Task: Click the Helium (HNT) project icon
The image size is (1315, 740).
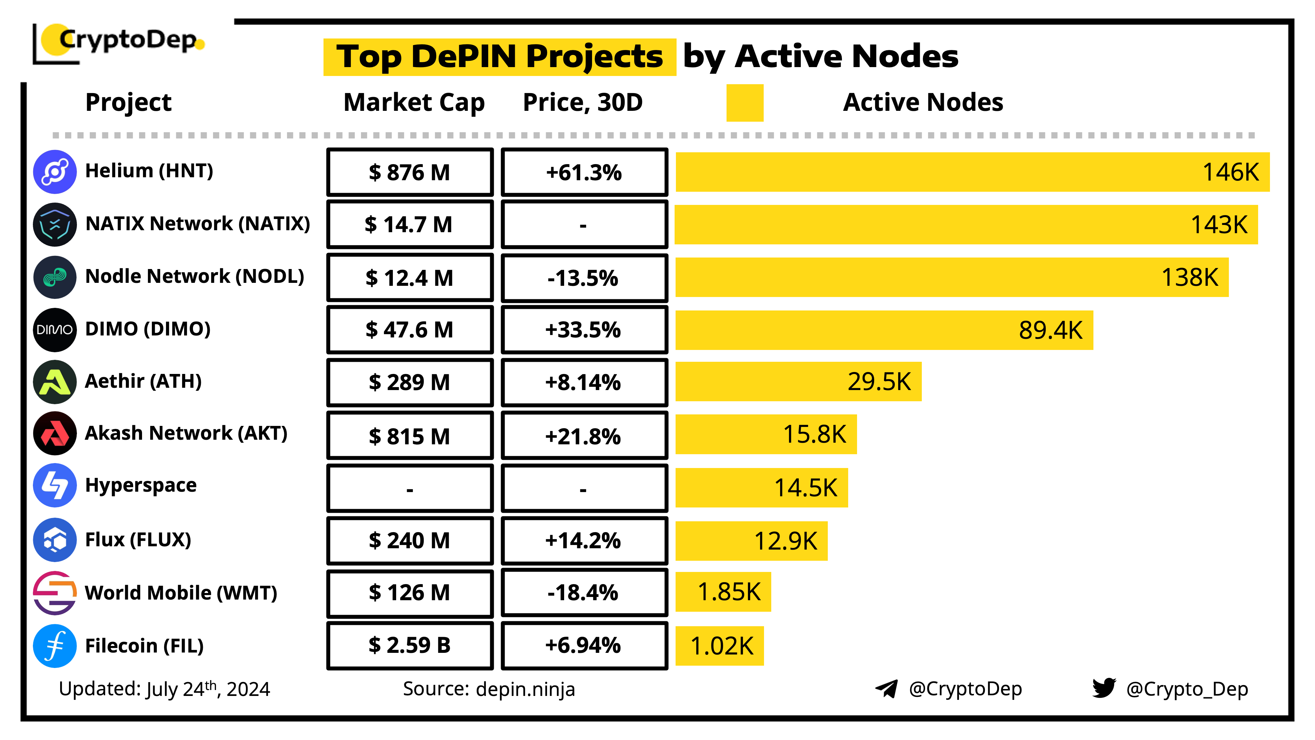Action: (x=55, y=172)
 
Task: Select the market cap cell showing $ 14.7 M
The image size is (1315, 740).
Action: (x=409, y=225)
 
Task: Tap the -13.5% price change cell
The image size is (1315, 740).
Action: (x=584, y=278)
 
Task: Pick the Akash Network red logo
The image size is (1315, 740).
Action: (x=55, y=433)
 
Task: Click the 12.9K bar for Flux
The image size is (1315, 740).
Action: (x=751, y=541)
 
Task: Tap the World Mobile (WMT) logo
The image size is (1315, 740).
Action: (x=55, y=593)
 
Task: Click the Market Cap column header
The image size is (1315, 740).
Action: (x=414, y=103)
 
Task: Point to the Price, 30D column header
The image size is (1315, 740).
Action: (x=583, y=103)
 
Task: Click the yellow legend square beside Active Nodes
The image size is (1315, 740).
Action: (x=744, y=103)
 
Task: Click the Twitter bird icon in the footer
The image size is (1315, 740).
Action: (x=1104, y=688)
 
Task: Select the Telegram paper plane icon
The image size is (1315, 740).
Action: (x=886, y=688)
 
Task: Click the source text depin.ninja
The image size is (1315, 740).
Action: (x=525, y=689)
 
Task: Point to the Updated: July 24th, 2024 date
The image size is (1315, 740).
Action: (x=164, y=689)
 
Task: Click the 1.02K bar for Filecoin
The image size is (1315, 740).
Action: (x=719, y=646)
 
